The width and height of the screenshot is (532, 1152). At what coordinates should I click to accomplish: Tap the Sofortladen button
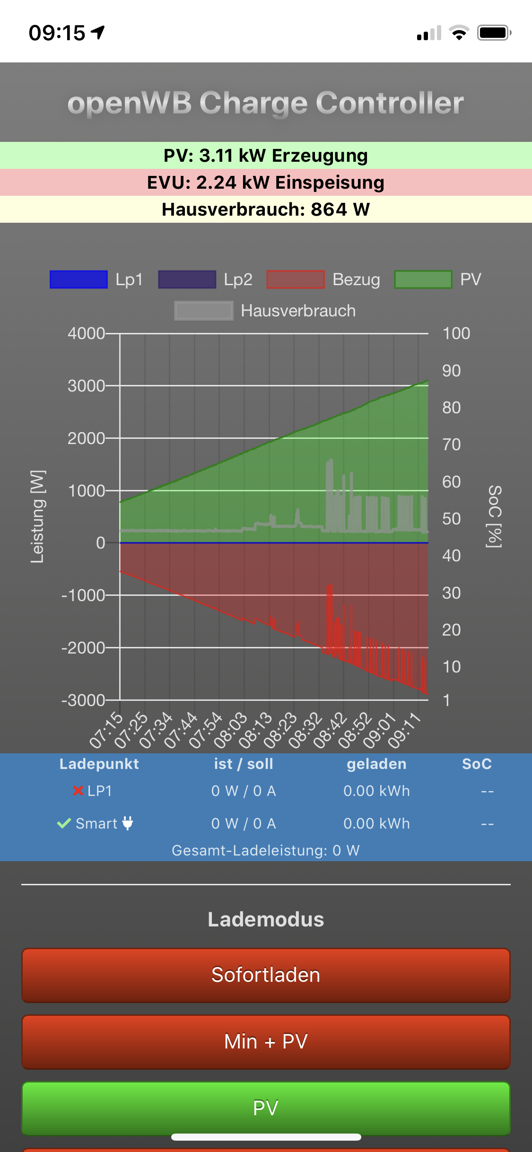(x=266, y=975)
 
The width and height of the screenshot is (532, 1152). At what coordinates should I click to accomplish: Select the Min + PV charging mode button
(x=266, y=1042)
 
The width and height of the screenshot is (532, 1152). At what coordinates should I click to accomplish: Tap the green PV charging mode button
(x=266, y=1108)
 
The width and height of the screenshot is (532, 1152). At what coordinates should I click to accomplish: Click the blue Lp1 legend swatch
(x=78, y=279)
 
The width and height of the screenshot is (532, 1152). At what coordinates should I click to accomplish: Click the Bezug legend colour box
(x=296, y=279)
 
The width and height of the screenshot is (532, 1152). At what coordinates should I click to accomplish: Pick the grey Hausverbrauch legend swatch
(x=203, y=311)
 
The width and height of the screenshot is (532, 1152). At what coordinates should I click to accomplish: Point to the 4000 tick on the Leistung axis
(x=86, y=333)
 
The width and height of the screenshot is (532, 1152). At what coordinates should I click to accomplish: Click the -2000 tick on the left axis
(x=83, y=648)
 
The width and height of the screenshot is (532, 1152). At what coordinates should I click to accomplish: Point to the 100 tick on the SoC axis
(x=456, y=333)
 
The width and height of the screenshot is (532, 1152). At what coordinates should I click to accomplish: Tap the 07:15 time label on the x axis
(x=106, y=731)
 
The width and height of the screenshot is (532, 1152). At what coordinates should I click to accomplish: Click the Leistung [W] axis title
(x=37, y=516)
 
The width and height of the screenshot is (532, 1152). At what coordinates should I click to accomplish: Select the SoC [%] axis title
(x=494, y=516)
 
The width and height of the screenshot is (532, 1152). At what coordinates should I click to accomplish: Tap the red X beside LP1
(x=78, y=790)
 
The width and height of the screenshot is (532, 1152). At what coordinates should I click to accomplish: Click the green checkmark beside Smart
(x=64, y=823)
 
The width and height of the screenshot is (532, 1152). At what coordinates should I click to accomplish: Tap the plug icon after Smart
(x=128, y=823)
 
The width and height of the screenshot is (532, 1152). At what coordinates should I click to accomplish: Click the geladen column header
(x=376, y=764)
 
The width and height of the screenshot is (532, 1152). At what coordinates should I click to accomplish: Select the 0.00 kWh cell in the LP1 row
(x=376, y=791)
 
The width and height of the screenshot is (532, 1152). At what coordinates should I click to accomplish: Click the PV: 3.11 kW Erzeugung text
(x=266, y=156)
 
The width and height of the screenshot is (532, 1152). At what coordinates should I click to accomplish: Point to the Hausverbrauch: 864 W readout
(x=266, y=209)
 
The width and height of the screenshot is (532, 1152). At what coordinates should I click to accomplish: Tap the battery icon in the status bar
(x=494, y=33)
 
